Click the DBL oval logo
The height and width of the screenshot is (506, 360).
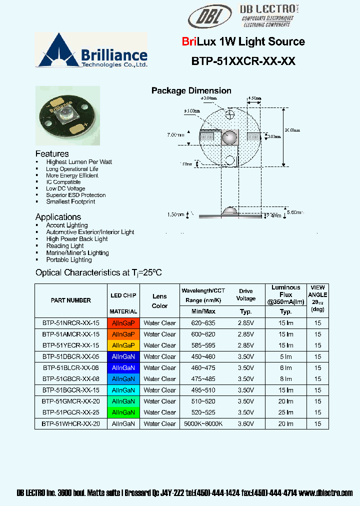210,17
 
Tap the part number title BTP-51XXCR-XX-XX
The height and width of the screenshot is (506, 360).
243,61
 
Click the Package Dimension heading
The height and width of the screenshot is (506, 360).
191,90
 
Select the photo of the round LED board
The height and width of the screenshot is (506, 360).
67,115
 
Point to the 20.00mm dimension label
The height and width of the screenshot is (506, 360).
293,129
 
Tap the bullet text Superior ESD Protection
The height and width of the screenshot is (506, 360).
76,195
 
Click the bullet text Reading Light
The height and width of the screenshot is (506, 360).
65,246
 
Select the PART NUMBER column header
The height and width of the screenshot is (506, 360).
71,300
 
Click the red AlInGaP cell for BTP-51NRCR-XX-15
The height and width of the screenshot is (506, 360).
123,323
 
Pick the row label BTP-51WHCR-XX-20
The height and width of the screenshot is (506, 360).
71,423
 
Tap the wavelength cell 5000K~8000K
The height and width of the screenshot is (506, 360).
203,423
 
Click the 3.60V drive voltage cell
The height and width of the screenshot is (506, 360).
245,423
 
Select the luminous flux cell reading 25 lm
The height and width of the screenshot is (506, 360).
286,412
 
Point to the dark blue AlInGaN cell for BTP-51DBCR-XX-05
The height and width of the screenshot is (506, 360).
123,356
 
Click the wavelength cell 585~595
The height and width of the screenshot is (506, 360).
203,345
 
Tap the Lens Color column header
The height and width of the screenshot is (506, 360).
159,301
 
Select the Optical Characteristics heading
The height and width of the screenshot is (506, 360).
98,273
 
